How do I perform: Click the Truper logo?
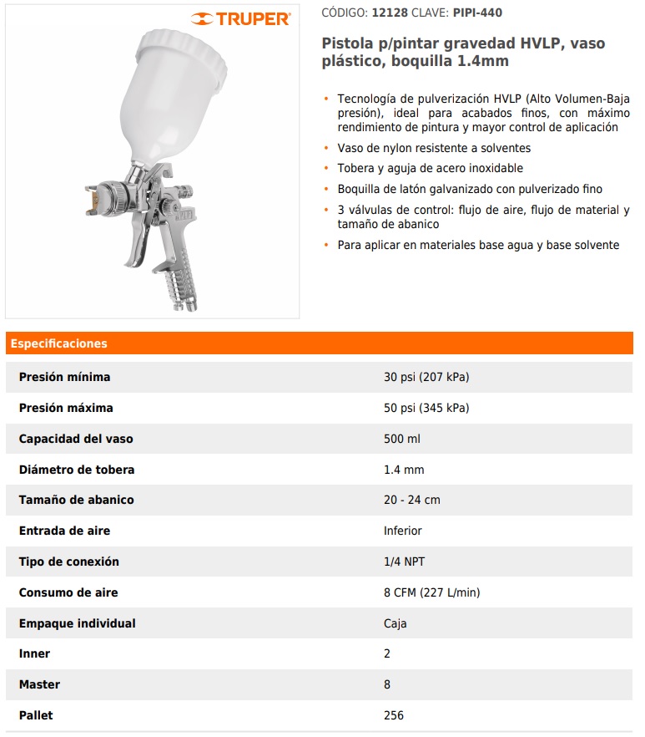pos(240,18)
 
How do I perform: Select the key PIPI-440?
pos(477,13)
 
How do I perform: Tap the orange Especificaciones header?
pos(59,343)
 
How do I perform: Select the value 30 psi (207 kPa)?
pos(426,377)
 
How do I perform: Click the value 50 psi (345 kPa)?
pos(426,408)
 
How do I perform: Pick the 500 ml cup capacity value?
pos(401,439)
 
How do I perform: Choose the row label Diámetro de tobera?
pos(77,470)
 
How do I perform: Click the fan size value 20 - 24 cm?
pos(411,500)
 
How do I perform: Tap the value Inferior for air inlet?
pos(402,531)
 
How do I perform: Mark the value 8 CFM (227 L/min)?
pos(431,592)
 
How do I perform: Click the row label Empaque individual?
pos(77,623)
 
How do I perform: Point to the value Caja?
pos(395,623)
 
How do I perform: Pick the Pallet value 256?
pos(393,715)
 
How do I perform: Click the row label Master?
pos(39,684)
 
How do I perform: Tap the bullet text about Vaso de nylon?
pos(434,148)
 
